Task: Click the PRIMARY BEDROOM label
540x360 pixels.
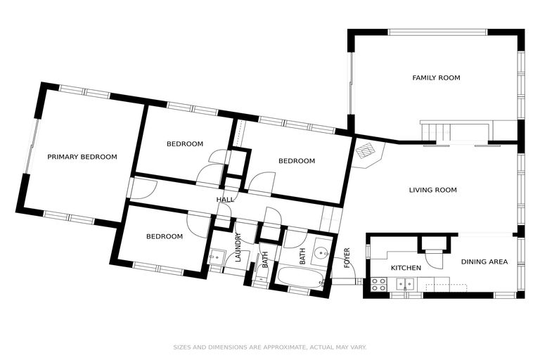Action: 82,157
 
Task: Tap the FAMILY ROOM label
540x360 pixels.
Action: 436,78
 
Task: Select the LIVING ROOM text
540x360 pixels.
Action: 433,190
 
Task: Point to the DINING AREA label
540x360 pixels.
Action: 484,262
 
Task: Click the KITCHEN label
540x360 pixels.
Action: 406,268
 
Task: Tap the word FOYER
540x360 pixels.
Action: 347,257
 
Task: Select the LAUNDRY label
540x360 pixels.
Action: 238,247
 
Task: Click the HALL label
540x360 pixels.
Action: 225,200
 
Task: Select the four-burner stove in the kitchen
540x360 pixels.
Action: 378,284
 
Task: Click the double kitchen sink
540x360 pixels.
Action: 405,284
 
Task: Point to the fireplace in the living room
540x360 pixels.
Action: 367,153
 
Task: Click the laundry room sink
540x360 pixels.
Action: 217,257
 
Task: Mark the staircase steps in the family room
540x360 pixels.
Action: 436,131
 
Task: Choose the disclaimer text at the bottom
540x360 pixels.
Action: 270,347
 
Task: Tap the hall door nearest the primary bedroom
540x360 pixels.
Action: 144,189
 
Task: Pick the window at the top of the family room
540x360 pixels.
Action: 438,32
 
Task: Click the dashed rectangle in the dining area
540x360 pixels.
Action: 446,288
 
